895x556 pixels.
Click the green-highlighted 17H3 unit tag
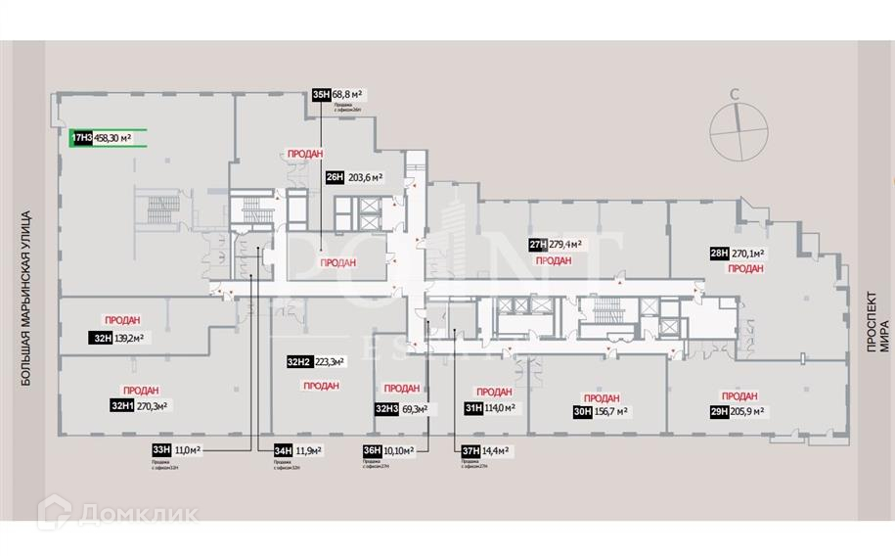pyautogui.click(x=81, y=138)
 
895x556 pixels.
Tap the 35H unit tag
pyautogui.click(x=321, y=94)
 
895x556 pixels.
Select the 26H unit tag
pyautogui.click(x=335, y=177)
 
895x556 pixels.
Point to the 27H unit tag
pyautogui.click(x=536, y=245)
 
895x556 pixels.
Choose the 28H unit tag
pyautogui.click(x=719, y=253)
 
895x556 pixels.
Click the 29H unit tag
pyautogui.click(x=719, y=412)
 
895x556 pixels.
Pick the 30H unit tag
pyautogui.click(x=583, y=412)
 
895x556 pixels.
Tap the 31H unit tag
pyautogui.click(x=473, y=409)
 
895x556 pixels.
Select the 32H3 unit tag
pyautogui.click(x=385, y=409)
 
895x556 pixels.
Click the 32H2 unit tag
pyautogui.click(x=298, y=362)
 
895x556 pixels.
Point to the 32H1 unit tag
pyautogui.click(x=121, y=404)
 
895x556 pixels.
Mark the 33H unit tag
pyautogui.click(x=161, y=449)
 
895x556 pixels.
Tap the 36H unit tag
pyautogui.click(x=372, y=450)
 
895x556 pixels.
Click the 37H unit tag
pyautogui.click(x=470, y=450)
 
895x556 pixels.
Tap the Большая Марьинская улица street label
pyautogui.click(x=26, y=297)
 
